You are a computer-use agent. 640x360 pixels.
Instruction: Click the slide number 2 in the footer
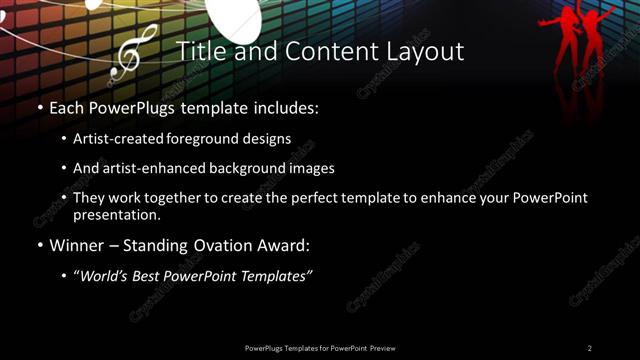click(x=590, y=348)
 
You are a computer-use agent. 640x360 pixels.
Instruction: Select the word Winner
click(x=77, y=244)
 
